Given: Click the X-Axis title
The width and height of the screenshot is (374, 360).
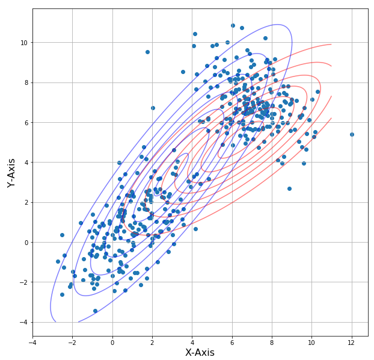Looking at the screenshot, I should [200, 353].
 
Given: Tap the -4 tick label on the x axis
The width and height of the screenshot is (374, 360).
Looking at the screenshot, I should [32, 343].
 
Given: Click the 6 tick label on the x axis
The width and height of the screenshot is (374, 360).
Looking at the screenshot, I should [232, 343].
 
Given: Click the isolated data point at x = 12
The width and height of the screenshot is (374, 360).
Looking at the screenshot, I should [352, 134].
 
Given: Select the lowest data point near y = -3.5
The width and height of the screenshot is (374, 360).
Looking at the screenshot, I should [95, 311].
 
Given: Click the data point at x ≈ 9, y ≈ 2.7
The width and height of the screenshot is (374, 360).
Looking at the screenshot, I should [289, 188].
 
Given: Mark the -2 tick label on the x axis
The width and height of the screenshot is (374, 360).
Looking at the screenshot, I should [72, 343].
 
